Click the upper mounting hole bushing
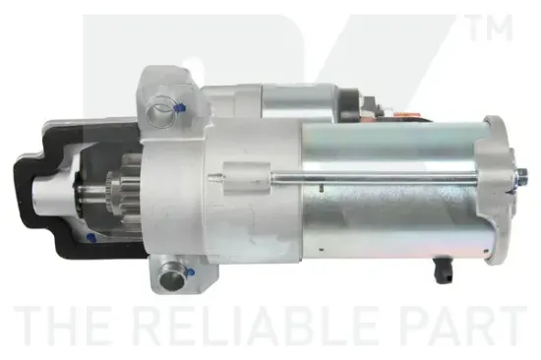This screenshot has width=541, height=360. tap(159, 110)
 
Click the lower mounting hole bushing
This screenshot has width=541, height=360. tap(170, 276)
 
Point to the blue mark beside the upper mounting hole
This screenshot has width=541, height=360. tap(180, 107)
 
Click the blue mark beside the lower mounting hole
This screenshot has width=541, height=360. tap(191, 272)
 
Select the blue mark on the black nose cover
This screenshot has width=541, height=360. tap(91, 238)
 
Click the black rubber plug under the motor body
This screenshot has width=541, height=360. tap(443, 270)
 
